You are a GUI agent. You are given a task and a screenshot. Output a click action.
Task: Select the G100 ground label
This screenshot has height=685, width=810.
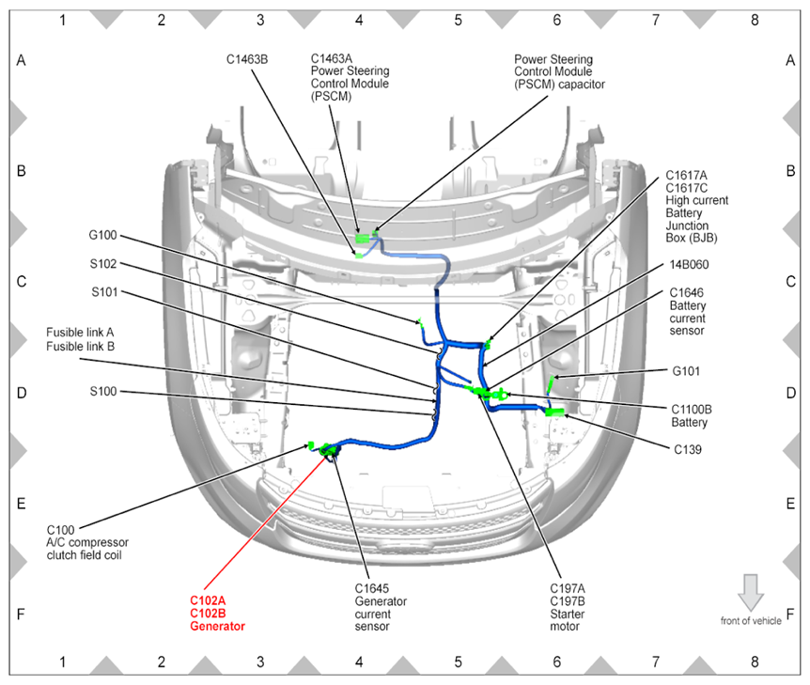click(103, 235)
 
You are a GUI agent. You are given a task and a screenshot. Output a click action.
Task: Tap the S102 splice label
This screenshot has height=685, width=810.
click(104, 264)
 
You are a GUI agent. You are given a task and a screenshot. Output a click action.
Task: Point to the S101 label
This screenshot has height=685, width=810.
click(104, 291)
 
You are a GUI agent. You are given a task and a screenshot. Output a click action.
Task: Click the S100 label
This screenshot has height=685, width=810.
click(104, 391)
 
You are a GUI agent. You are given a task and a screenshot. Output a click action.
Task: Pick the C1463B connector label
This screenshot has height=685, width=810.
click(247, 58)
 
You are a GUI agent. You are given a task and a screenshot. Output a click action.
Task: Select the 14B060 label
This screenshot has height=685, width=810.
click(690, 265)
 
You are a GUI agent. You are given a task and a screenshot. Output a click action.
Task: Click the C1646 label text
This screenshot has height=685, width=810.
click(686, 292)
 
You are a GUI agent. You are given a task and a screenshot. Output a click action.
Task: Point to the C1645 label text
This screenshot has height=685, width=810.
click(371, 588)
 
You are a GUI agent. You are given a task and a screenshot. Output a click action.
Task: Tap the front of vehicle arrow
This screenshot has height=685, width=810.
click(751, 593)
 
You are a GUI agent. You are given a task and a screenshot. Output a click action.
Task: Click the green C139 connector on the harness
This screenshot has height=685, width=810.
click(553, 412)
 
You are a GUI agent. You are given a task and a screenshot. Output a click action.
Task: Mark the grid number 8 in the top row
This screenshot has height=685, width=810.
click(755, 18)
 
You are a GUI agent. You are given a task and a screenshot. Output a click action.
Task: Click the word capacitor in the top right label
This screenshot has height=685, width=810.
click(578, 84)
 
